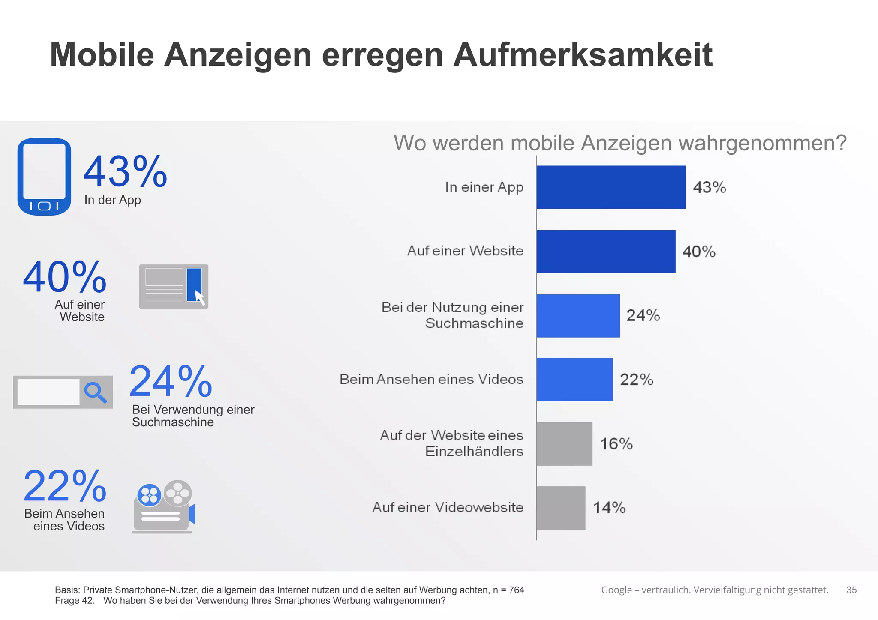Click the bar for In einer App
611,187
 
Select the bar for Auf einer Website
606,252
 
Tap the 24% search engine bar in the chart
578,316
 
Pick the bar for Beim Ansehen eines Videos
574,380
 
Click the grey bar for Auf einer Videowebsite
561,508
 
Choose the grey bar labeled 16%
564,444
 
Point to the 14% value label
609,508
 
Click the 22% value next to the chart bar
637,380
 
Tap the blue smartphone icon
44,177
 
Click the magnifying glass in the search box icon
95,392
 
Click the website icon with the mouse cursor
174,286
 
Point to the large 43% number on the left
125,172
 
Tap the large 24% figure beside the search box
171,381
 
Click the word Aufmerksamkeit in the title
583,55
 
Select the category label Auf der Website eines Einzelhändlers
452,443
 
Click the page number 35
851,590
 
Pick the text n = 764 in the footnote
508,590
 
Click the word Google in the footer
616,590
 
